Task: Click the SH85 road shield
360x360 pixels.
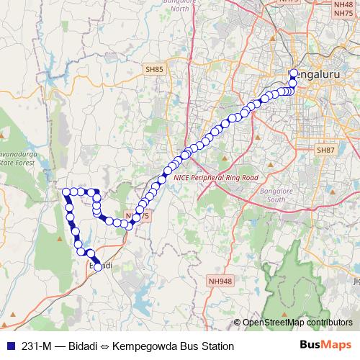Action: (154, 68)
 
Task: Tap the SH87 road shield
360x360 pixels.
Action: (326, 150)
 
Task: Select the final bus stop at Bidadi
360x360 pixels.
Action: (98, 267)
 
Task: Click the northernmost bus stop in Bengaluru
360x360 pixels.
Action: (294, 73)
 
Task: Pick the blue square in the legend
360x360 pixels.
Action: (8, 346)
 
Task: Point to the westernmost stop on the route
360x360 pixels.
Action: (66, 192)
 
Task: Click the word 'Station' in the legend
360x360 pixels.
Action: (218, 346)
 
